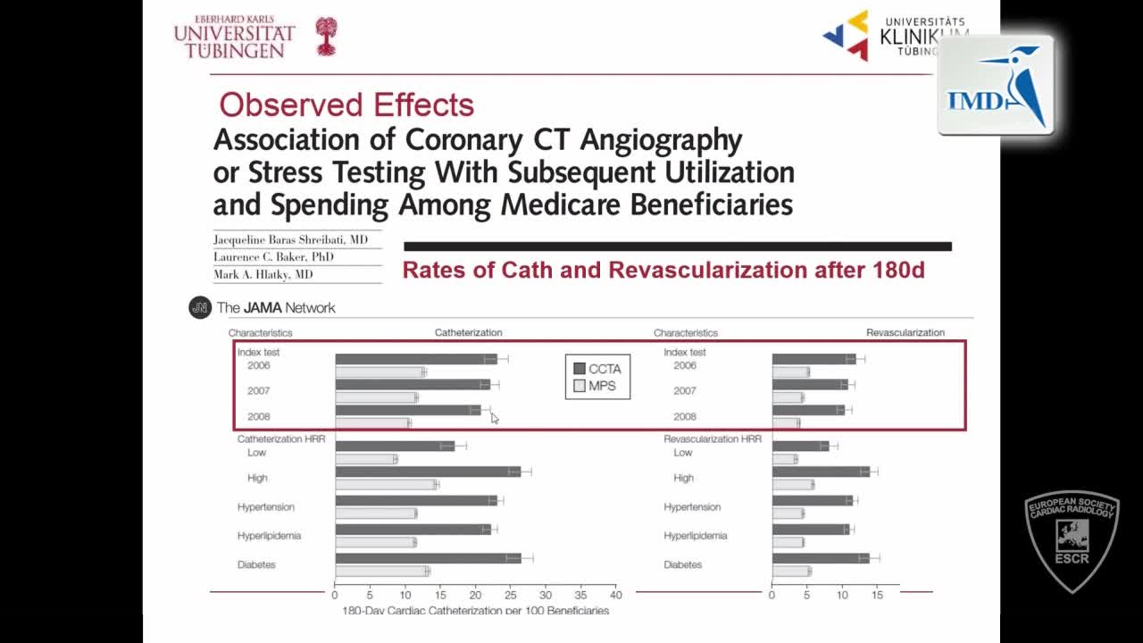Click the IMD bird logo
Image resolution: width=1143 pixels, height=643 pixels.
tap(996, 87)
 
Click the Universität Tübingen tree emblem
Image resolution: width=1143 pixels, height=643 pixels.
tap(327, 37)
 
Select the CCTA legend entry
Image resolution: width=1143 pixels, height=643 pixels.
tap(597, 369)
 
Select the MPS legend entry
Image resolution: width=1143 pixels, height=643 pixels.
tap(596, 387)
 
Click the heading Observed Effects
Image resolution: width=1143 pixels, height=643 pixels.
tap(346, 104)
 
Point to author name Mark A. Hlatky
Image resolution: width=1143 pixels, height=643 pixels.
tap(263, 275)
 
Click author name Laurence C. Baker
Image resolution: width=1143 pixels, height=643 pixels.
tap(273, 257)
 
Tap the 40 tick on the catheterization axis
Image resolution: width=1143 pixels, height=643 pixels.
tap(615, 595)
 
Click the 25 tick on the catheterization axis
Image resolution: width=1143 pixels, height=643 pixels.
tap(510, 595)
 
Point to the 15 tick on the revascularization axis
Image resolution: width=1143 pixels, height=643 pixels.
tap(877, 595)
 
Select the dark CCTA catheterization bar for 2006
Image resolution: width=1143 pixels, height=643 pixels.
tap(416, 359)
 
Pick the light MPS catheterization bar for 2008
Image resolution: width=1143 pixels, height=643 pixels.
tap(372, 422)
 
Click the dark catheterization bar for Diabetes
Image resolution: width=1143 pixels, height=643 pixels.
tap(428, 558)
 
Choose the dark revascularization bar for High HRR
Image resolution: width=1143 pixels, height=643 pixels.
tap(821, 472)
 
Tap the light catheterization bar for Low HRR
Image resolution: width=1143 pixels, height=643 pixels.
tap(366, 459)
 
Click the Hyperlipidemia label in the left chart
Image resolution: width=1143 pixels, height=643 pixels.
tap(269, 536)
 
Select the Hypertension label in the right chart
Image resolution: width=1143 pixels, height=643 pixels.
tap(693, 507)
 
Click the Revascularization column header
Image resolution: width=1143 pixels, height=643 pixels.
tap(905, 332)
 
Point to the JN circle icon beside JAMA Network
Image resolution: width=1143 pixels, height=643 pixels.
tap(199, 308)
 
